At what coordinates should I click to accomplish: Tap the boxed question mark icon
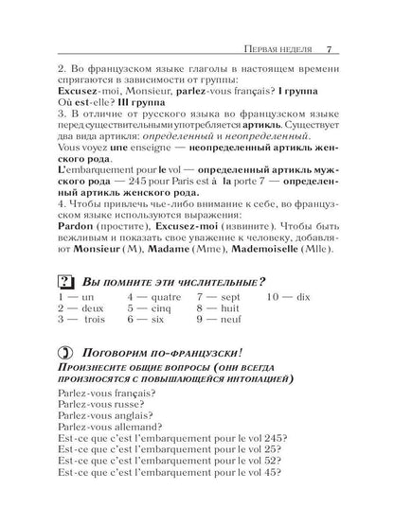66,282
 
